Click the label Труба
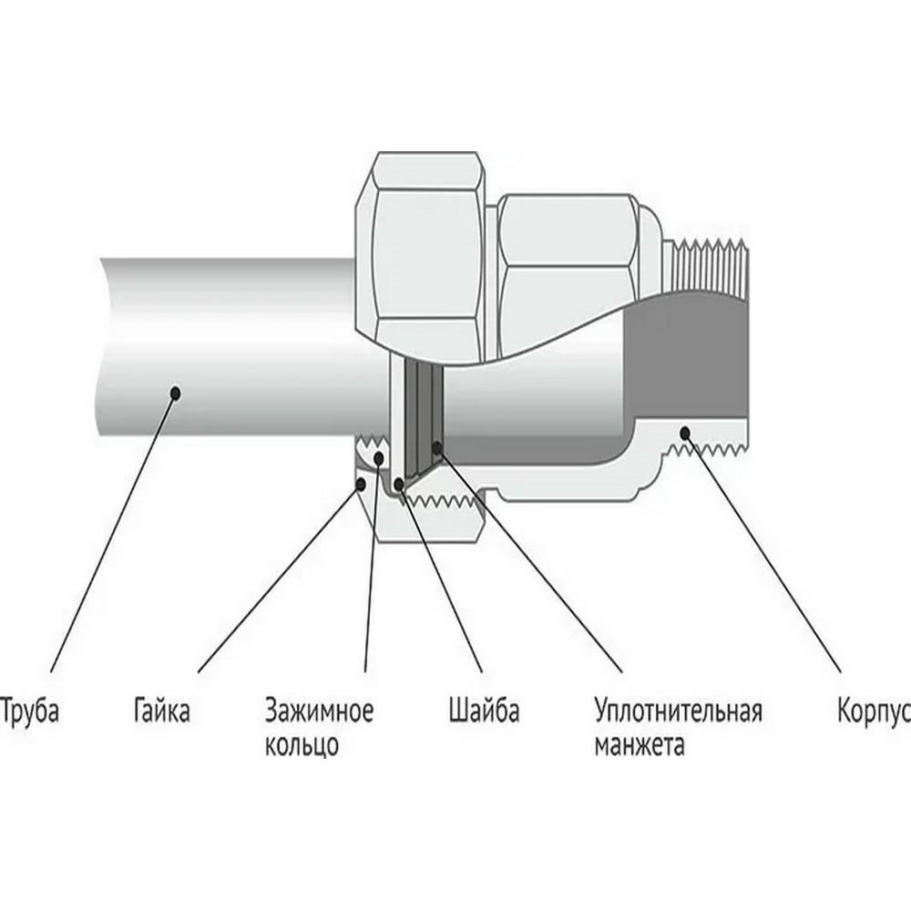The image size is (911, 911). (x=31, y=711)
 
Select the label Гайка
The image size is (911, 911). (x=160, y=711)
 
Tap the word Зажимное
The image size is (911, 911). (x=319, y=711)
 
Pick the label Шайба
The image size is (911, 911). (x=484, y=711)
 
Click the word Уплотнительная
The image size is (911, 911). (x=678, y=711)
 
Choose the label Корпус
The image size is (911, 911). (x=873, y=711)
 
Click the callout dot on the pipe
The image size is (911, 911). (x=176, y=393)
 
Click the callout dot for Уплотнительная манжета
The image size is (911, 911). (x=437, y=448)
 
